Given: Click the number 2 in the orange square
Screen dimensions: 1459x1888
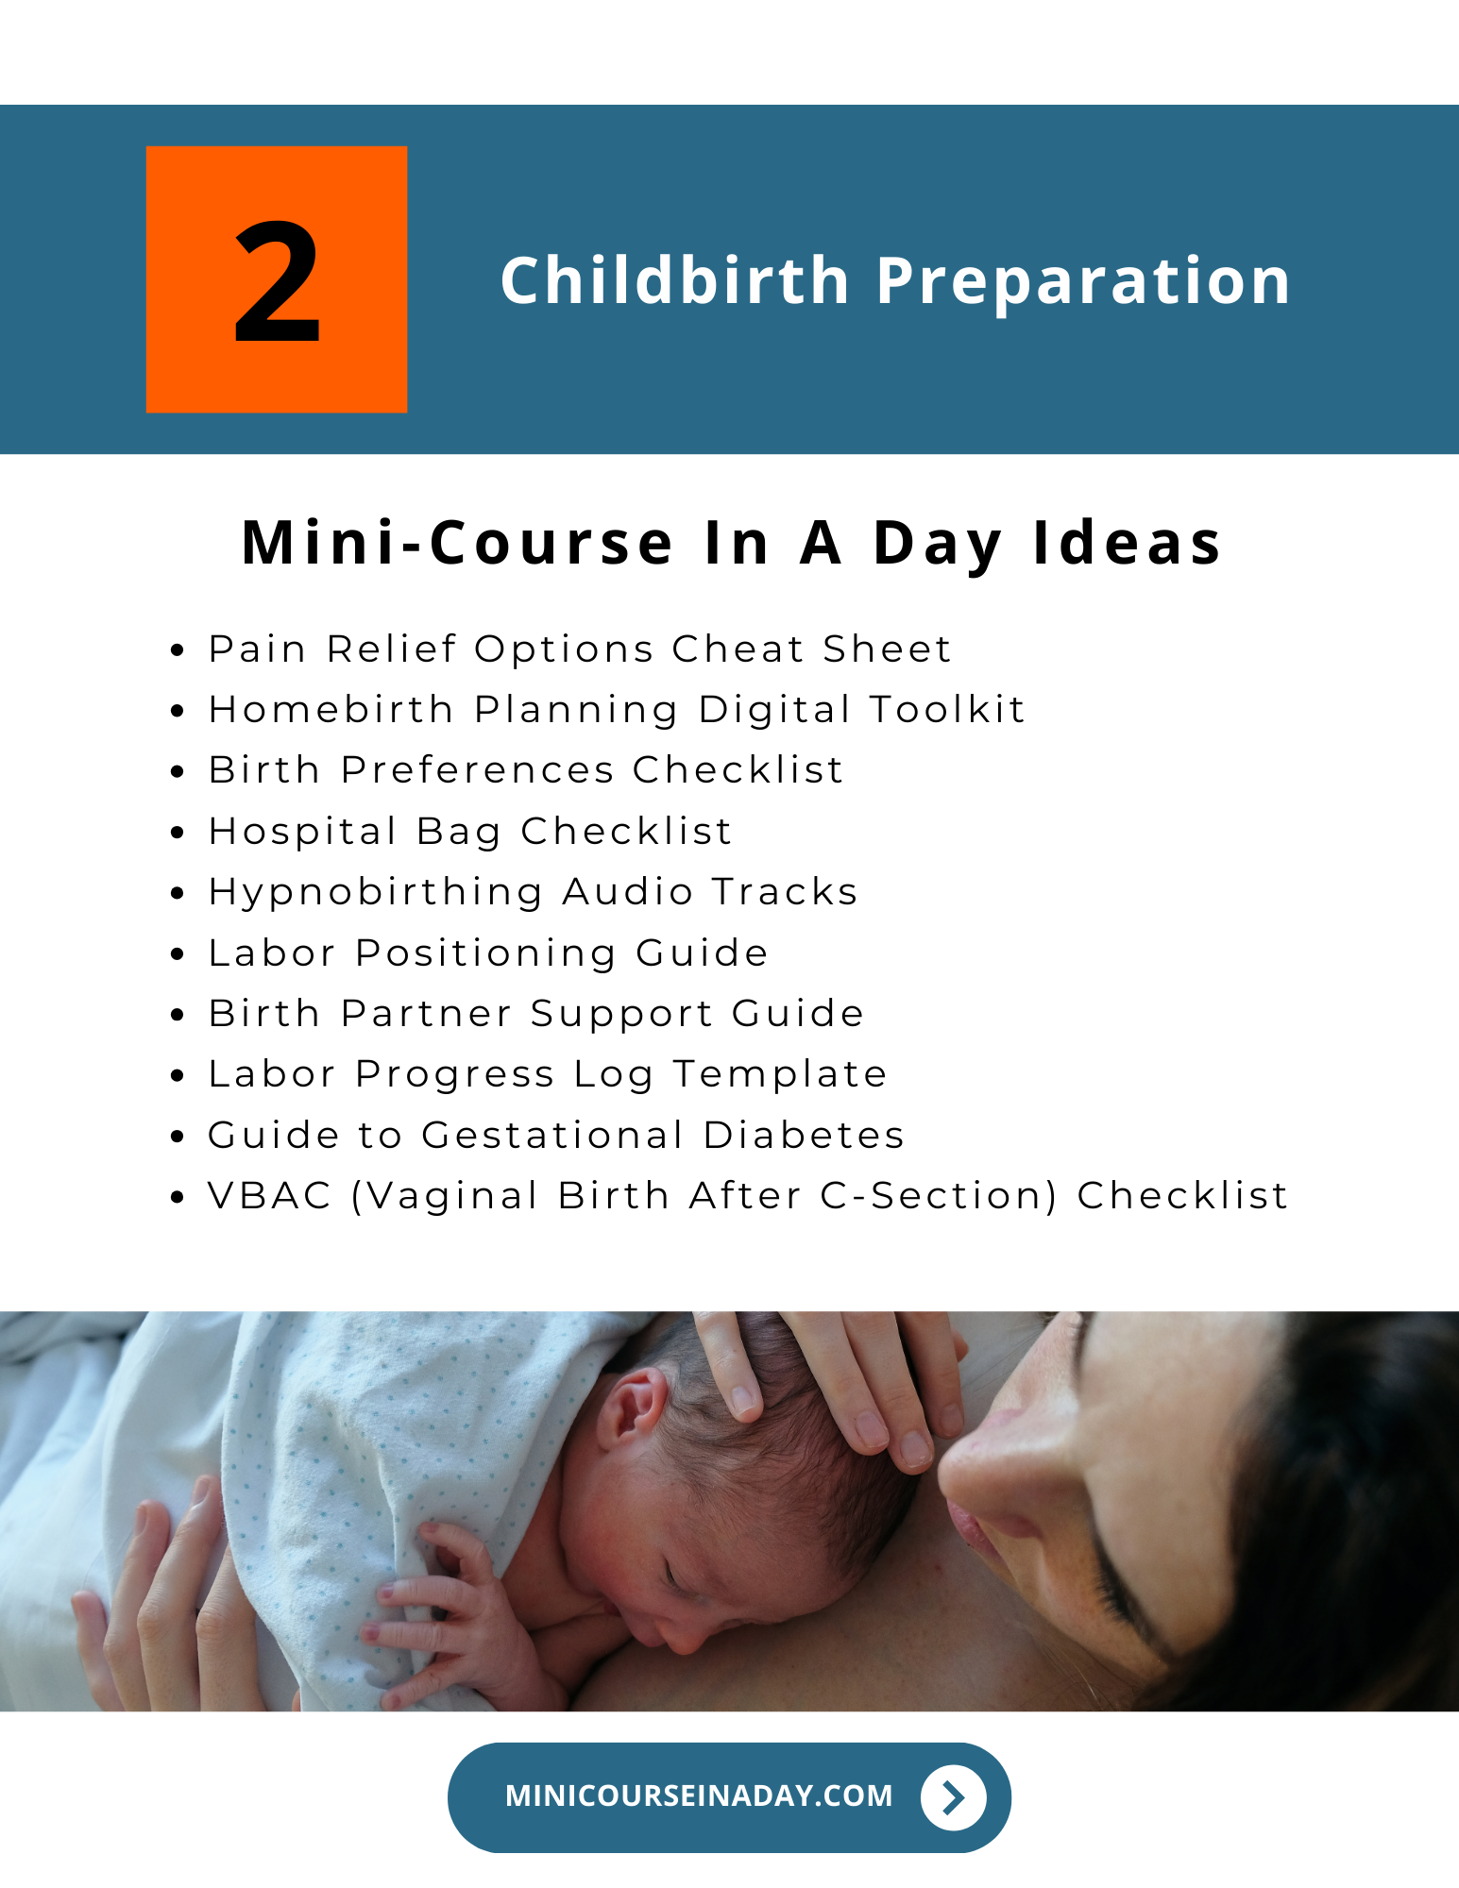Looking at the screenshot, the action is tap(277, 282).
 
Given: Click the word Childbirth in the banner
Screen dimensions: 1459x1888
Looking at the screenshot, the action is tap(675, 280).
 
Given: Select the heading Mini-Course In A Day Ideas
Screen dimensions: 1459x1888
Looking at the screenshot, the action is tap(731, 544).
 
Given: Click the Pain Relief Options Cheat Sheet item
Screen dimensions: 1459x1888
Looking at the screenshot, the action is tap(580, 649).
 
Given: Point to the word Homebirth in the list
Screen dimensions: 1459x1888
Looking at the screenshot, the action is tap(331, 709).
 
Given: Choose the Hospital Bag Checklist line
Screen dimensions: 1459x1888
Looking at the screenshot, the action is tap(470, 831).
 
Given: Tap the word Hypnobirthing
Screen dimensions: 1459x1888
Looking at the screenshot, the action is tap(376, 892).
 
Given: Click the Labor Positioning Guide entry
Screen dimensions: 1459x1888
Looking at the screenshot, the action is tap(488, 953).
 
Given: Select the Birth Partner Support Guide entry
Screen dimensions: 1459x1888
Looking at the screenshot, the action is tap(536, 1014).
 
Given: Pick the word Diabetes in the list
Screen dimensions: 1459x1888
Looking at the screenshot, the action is tap(805, 1135).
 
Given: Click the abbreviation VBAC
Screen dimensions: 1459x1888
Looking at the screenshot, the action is tap(270, 1196).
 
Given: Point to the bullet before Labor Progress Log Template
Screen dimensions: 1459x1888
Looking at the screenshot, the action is tap(177, 1076).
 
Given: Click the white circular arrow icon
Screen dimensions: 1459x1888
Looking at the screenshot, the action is tap(954, 1797).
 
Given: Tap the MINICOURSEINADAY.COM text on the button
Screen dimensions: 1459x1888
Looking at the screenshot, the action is tap(699, 1795).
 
